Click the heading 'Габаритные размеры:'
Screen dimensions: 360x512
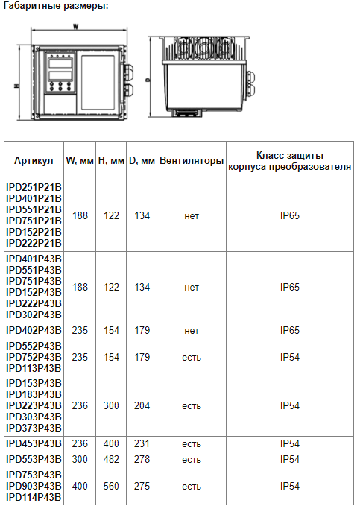pos(56,6)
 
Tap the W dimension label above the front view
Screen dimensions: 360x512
pos(76,27)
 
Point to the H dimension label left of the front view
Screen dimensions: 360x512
pos(16,86)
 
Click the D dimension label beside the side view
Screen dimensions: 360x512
pos(148,80)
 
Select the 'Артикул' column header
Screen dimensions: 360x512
pos(34,161)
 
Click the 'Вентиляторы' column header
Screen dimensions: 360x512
pos(192,161)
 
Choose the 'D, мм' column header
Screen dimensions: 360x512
pos(142,161)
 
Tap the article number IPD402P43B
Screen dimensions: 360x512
pos(34,330)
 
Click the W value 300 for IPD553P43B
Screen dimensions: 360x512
pos(80,459)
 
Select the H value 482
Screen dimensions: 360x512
pos(111,459)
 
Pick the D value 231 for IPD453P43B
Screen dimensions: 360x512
pos(142,443)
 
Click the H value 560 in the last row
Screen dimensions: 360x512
pos(111,486)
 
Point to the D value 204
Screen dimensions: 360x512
pos(142,405)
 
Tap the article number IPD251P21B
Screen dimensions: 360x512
pos(34,187)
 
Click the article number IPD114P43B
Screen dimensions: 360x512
pos(34,497)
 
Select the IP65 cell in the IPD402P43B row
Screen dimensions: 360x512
pos(290,330)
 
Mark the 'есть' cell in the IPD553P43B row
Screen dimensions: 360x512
pos(192,460)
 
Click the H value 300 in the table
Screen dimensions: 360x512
pos(111,405)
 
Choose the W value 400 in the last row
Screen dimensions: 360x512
pos(80,486)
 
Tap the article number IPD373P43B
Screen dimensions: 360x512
pos(34,428)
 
